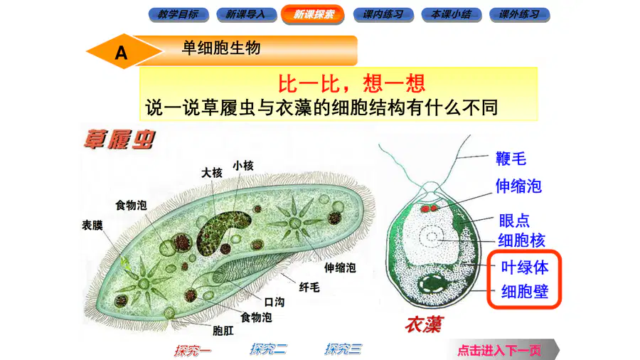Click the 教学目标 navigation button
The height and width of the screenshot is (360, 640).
tap(178, 15)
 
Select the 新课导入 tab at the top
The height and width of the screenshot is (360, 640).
tap(246, 15)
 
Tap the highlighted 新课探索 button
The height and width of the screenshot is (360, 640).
tap(313, 14)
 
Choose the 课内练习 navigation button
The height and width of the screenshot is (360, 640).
tap(383, 15)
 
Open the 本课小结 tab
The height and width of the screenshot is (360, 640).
tap(452, 15)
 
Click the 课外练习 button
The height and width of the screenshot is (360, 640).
tap(520, 15)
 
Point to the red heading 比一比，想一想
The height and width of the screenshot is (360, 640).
tap(351, 83)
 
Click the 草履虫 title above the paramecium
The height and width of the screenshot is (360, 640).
tap(119, 139)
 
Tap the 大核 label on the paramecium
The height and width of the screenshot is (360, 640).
tap(211, 173)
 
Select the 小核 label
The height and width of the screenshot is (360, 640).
tap(243, 166)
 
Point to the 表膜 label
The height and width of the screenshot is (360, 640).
tap(92, 225)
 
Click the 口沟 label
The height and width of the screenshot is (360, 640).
tap(274, 302)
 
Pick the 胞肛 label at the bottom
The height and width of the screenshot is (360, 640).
tap(223, 330)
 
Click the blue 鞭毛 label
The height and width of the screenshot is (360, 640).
tap(511, 159)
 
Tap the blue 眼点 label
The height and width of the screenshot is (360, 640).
tap(514, 221)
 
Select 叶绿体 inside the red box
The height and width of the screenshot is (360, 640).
tap(525, 268)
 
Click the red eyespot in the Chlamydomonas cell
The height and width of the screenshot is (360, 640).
tap(429, 208)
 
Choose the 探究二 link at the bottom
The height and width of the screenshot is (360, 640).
tap(268, 349)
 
